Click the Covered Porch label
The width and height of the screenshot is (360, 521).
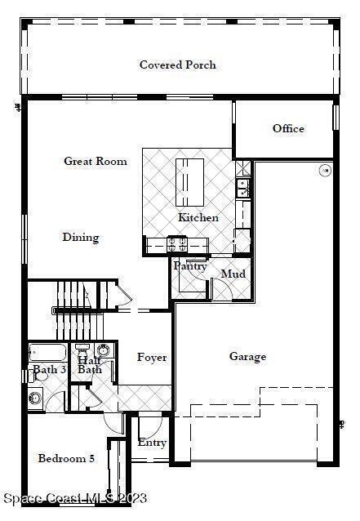(x=178, y=65)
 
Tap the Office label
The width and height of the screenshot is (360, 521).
(x=288, y=128)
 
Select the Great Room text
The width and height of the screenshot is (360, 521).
(x=96, y=161)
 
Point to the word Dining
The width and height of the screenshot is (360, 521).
(x=81, y=238)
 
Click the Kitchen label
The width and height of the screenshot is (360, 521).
(x=198, y=217)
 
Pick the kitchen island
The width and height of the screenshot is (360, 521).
(x=189, y=182)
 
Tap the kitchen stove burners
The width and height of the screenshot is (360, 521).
(x=177, y=244)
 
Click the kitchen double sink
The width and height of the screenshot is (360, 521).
(x=243, y=188)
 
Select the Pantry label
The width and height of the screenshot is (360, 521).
(x=190, y=266)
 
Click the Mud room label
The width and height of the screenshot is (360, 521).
(x=233, y=274)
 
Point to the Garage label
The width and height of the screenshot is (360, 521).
(x=247, y=357)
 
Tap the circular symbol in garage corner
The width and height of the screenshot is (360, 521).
(x=325, y=171)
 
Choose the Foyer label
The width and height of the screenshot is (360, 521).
(x=152, y=358)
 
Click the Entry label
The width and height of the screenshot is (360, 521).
(x=152, y=443)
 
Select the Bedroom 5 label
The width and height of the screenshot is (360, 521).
(x=66, y=459)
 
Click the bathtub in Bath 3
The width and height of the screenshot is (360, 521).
(x=47, y=353)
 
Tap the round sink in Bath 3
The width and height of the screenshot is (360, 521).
(x=35, y=398)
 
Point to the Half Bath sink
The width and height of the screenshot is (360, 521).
(x=104, y=350)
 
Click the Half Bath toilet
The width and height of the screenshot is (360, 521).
(x=82, y=350)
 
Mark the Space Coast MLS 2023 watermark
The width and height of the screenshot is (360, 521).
(x=75, y=498)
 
